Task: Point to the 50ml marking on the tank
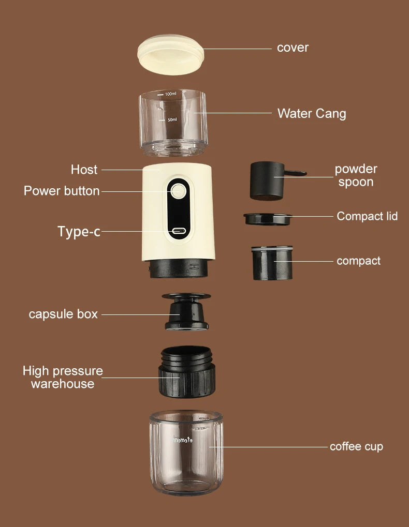(x=172, y=119)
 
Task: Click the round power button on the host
(x=179, y=191)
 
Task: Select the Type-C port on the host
(x=179, y=231)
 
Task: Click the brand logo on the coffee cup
(x=182, y=440)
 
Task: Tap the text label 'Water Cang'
(x=312, y=113)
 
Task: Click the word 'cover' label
(x=293, y=48)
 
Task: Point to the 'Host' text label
(x=84, y=170)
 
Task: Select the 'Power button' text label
(x=62, y=191)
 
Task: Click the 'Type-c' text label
(x=79, y=231)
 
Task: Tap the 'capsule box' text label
(x=63, y=314)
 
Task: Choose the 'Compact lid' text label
(x=367, y=216)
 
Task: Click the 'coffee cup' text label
(x=356, y=446)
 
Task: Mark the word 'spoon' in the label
(x=356, y=182)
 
